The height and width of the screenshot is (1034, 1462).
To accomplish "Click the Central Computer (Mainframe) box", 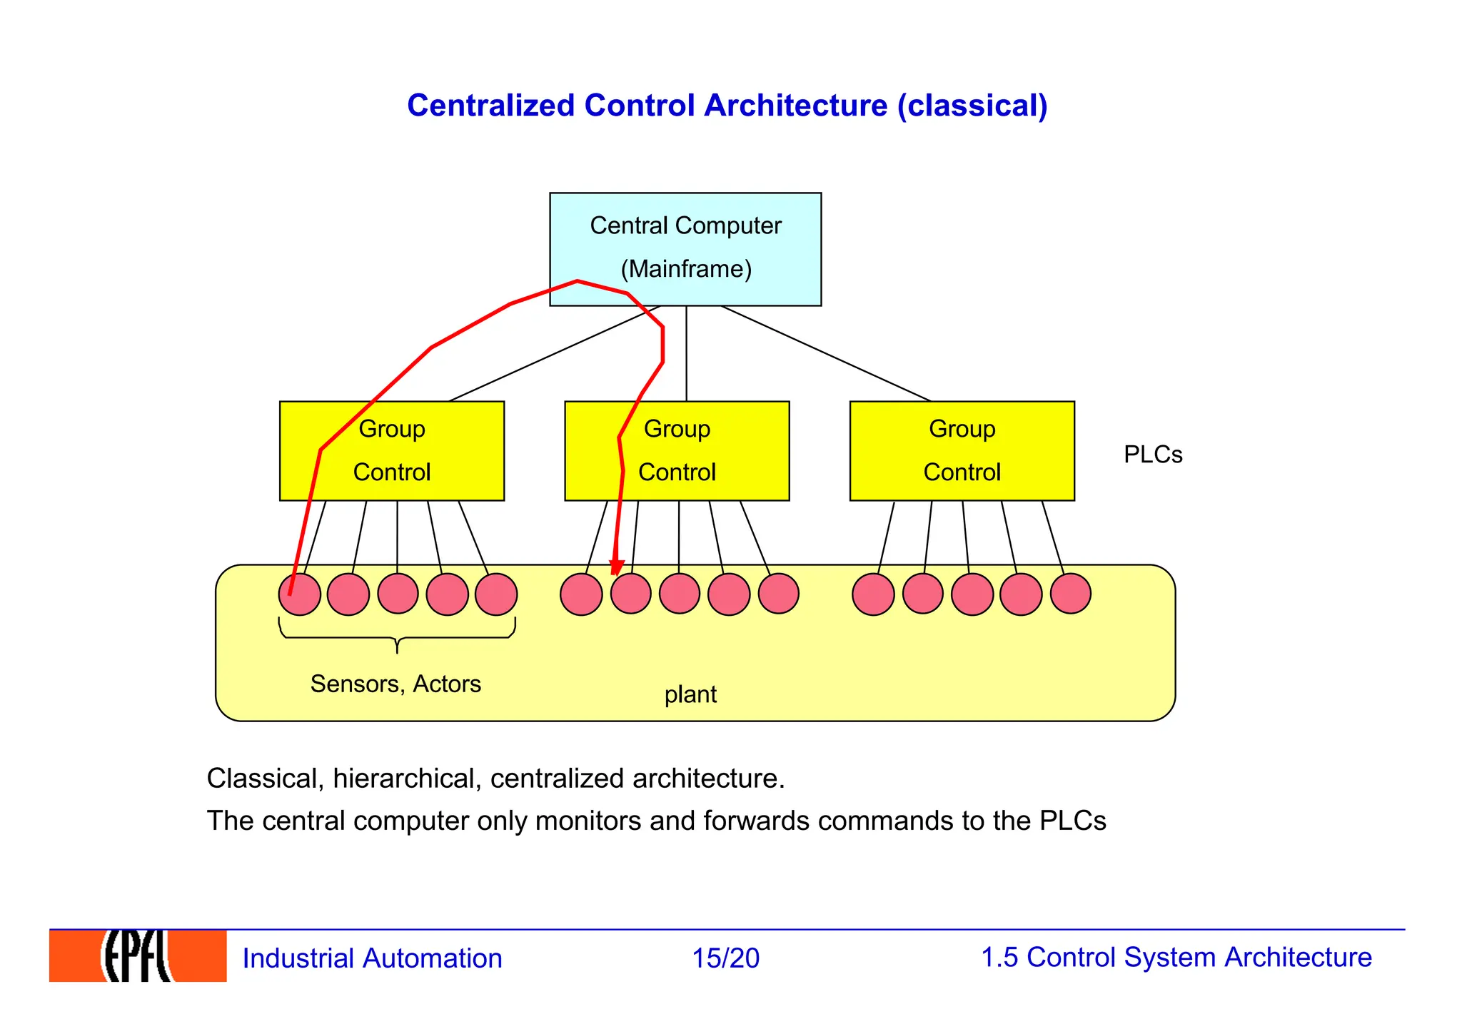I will [685, 249].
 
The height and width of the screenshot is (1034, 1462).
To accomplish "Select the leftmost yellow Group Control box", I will [391, 451].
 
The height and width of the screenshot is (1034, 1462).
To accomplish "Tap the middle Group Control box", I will [677, 451].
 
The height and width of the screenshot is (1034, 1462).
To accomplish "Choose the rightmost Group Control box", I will [962, 451].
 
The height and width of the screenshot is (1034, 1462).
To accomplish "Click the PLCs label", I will [1152, 455].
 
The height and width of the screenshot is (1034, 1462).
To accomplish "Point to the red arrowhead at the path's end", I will [616, 567].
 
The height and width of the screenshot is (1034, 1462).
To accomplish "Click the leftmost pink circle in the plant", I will [300, 594].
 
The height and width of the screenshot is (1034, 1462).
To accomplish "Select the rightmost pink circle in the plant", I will [1070, 594].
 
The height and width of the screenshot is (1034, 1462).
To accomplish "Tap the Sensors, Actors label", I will [395, 684].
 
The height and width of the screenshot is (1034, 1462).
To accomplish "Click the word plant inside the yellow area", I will [690, 694].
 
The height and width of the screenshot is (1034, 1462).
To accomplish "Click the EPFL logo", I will [138, 956].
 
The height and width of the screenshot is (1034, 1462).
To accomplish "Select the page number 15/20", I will [725, 958].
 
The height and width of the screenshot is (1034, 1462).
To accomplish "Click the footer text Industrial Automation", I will [372, 958].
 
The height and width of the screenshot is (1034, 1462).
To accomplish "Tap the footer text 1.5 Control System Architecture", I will [1176, 957].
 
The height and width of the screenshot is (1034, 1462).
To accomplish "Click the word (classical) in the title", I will [972, 106].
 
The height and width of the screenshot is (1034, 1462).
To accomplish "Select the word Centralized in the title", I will [490, 106].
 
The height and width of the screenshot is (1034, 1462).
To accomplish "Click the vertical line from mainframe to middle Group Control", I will [686, 353].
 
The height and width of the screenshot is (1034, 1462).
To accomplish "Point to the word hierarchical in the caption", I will [407, 778].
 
